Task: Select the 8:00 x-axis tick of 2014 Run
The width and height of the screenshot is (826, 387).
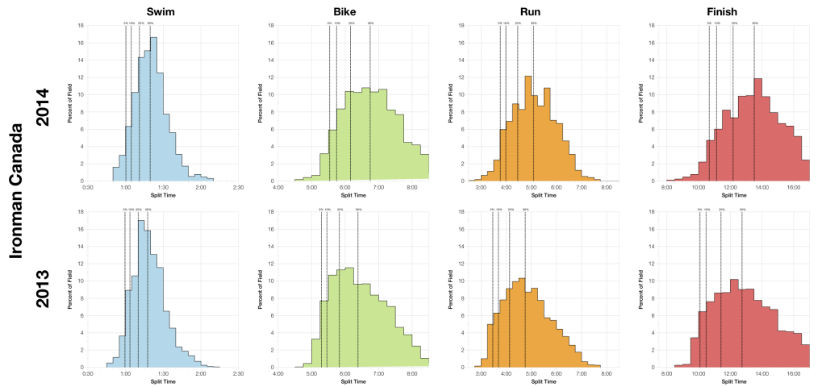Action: [x=606, y=187]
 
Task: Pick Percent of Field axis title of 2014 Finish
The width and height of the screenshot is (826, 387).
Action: [x=643, y=102]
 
